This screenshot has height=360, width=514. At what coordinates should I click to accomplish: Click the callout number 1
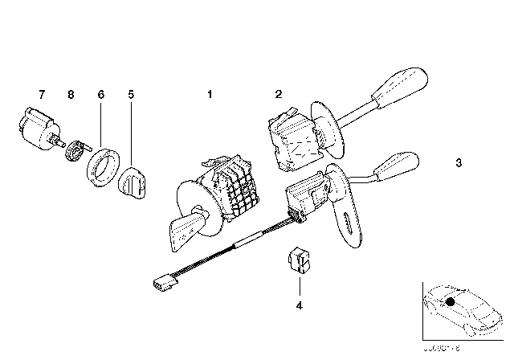[x=210, y=95]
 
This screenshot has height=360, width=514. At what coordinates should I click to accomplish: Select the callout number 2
[x=278, y=95]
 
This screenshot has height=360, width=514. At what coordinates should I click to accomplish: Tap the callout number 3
[x=458, y=164]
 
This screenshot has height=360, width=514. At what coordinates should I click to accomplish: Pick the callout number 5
[x=131, y=95]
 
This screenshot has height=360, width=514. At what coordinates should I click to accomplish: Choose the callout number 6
[x=101, y=95]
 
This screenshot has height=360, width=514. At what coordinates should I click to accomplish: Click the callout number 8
[x=71, y=95]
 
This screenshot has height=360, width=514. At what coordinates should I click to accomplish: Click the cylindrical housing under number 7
[x=36, y=130]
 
